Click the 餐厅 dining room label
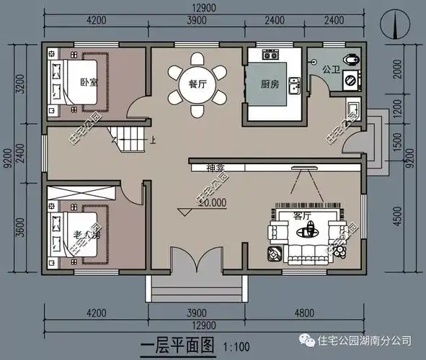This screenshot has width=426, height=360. click(x=198, y=84)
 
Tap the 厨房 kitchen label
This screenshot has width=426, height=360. click(x=270, y=84)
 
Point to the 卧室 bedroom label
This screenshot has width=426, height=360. click(x=89, y=81)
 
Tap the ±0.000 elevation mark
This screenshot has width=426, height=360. click(x=211, y=203)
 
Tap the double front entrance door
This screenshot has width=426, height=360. click(x=195, y=259)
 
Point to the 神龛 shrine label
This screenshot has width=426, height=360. click(x=216, y=168)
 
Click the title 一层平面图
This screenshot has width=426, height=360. click(x=182, y=346)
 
